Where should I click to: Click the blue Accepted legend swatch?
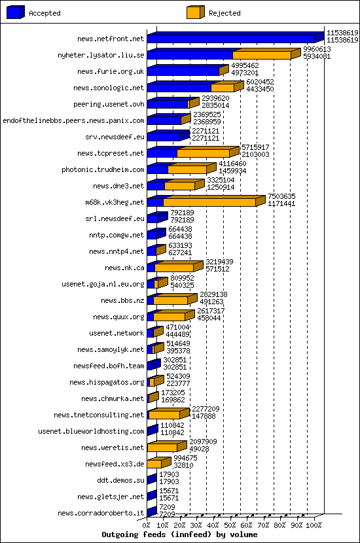[16, 12]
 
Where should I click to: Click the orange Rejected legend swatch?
[196, 12]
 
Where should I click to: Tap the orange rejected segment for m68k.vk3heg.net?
[209, 203]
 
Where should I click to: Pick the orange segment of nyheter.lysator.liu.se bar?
[262, 56]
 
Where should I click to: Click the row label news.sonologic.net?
[109, 88]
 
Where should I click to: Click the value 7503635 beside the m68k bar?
[281, 196]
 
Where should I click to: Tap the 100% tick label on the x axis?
[314, 525]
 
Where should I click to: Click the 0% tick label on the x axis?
[147, 525]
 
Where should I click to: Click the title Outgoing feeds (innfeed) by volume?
[179, 534]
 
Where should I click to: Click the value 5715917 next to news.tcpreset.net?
[256, 147]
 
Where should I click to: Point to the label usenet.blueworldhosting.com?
[91, 431]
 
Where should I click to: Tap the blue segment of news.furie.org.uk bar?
[183, 72]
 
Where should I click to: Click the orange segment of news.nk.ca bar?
[174, 268]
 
